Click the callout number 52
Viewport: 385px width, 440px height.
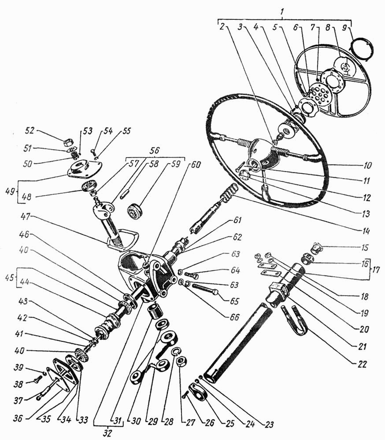pyautogui.click(x=30, y=131)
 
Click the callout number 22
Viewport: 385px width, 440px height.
pyautogui.click(x=362, y=364)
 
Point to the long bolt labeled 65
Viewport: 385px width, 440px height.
pyautogui.click(x=205, y=289)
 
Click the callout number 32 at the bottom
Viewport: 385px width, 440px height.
pyautogui.click(x=107, y=433)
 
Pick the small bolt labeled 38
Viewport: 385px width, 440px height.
pyautogui.click(x=38, y=381)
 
